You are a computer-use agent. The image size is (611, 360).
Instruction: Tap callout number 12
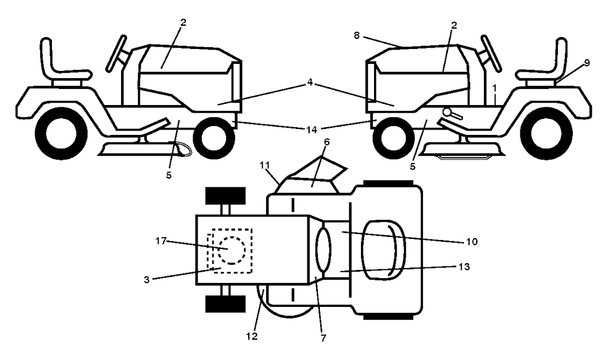click(251, 337)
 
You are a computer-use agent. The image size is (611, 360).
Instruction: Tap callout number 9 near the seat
click(587, 61)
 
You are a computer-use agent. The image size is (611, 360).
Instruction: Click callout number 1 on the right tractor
click(494, 88)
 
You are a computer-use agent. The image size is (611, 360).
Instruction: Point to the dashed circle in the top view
click(230, 250)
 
